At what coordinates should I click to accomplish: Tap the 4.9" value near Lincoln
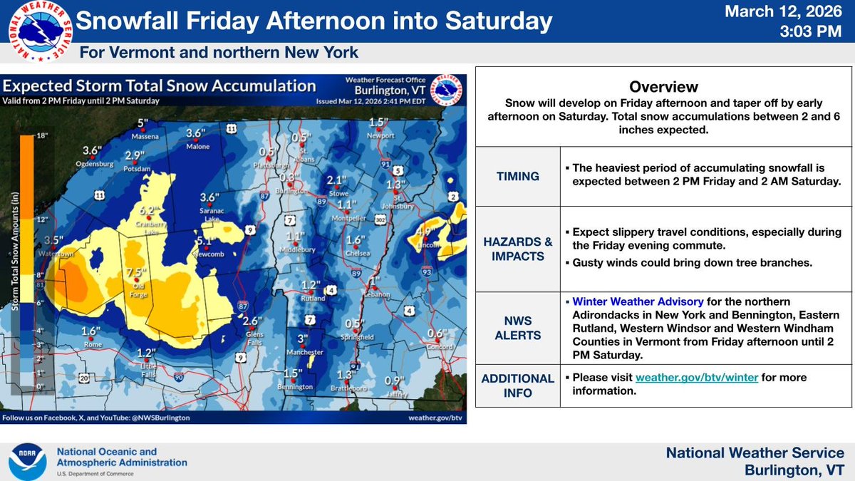click(425, 232)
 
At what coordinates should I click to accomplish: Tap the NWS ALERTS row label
click(517, 328)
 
